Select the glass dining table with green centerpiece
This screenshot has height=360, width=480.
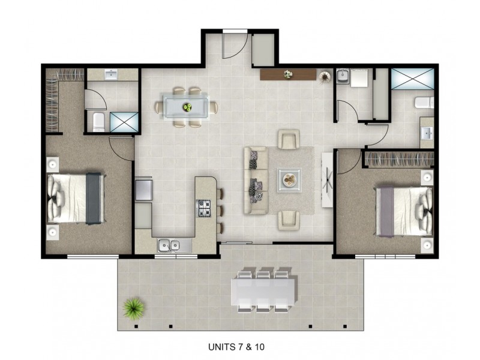pyautogui.click(x=187, y=107)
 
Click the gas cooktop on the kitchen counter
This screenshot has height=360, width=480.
pyautogui.click(x=205, y=209)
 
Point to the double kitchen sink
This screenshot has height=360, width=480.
pyautogui.click(x=170, y=244)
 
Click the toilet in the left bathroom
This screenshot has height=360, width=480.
pyautogui.click(x=98, y=121)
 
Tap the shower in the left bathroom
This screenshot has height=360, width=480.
pyautogui.click(x=124, y=121)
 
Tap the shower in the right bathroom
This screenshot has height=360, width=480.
pyautogui.click(x=412, y=79)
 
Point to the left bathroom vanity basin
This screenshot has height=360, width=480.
pyautogui.click(x=112, y=75)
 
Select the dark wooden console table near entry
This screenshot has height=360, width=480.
pyautogui.click(x=288, y=75)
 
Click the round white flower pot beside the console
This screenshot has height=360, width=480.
pyautogui.click(x=325, y=77)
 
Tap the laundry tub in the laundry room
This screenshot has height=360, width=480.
pyautogui.click(x=343, y=76)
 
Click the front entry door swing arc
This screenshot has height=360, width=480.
pyautogui.click(x=233, y=45)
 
